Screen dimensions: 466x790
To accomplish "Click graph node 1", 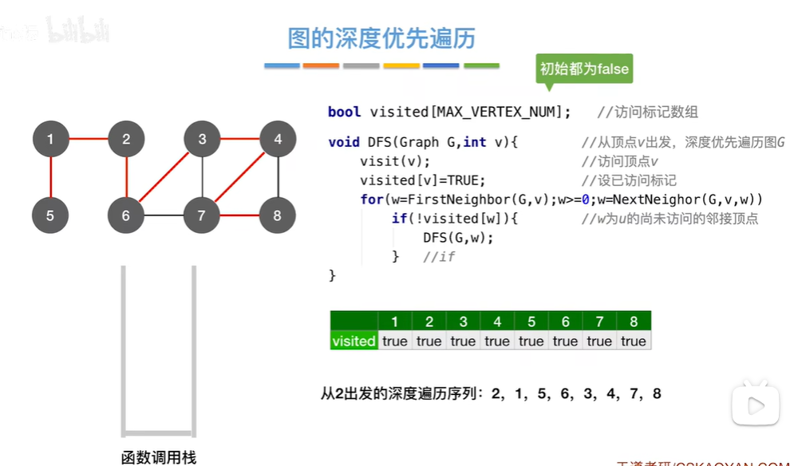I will pyautogui.click(x=50, y=140).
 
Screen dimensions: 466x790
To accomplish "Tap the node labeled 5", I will pyautogui.click(x=50, y=215).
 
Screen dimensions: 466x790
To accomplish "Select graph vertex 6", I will pyautogui.click(x=126, y=215).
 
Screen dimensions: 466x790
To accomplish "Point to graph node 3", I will pyautogui.click(x=202, y=140).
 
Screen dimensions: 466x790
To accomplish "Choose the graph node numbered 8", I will pyautogui.click(x=277, y=215).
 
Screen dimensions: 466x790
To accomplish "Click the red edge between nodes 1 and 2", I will pyautogui.click(x=88, y=140).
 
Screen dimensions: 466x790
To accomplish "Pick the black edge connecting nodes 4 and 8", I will pyautogui.click(x=277, y=177).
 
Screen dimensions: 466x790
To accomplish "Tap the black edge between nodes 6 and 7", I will pyautogui.click(x=164, y=215).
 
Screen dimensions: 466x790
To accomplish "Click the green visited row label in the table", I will pyautogui.click(x=354, y=341).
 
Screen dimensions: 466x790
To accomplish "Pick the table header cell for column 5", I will pyautogui.click(x=531, y=322).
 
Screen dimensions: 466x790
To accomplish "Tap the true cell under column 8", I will pyautogui.click(x=633, y=341).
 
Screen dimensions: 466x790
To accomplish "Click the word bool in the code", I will pyautogui.click(x=344, y=112).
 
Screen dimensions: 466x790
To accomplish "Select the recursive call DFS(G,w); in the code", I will pyautogui.click(x=458, y=237).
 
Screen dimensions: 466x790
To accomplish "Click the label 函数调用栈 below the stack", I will pyautogui.click(x=158, y=457).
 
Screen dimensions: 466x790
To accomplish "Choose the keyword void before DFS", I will pyautogui.click(x=344, y=142).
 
